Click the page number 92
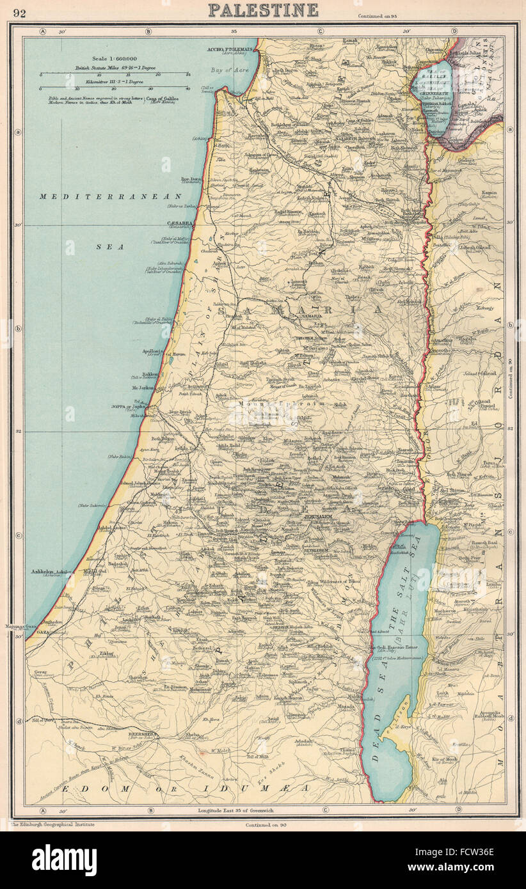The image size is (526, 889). coord(19,13)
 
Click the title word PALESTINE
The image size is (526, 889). coord(263,10)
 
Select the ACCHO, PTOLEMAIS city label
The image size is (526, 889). coord(230,49)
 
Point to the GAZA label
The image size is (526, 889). coord(42,631)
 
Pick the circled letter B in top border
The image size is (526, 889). coord(148,31)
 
